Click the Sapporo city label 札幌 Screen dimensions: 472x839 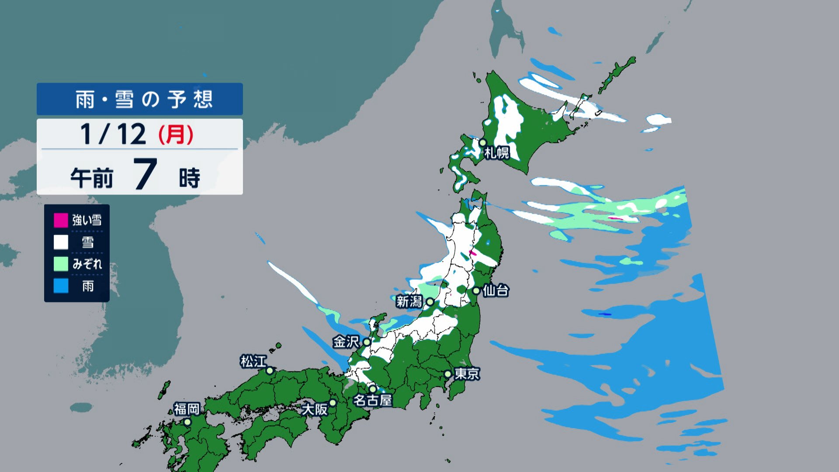(497, 153)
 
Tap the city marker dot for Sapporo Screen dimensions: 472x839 (482, 142)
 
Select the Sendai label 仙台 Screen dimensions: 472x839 (496, 291)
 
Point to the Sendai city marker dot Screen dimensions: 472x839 (476, 291)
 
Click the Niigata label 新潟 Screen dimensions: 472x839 (409, 302)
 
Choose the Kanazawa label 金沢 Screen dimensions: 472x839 (346, 342)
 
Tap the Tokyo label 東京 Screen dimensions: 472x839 (467, 374)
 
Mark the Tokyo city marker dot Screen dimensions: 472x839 (448, 374)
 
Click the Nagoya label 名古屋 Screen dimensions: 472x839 (372, 400)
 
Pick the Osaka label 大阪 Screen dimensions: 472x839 (315, 410)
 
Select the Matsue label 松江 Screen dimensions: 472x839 (253, 361)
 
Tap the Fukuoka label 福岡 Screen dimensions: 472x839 (187, 409)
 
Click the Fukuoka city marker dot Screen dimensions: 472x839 (187, 422)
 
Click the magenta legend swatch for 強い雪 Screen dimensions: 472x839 (61, 220)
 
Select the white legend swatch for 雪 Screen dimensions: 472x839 (61, 242)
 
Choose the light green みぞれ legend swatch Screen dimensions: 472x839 (61, 264)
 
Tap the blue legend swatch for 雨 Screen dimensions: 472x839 (61, 286)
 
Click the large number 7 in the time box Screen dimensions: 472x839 (145, 174)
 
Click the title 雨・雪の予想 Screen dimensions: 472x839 (144, 100)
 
